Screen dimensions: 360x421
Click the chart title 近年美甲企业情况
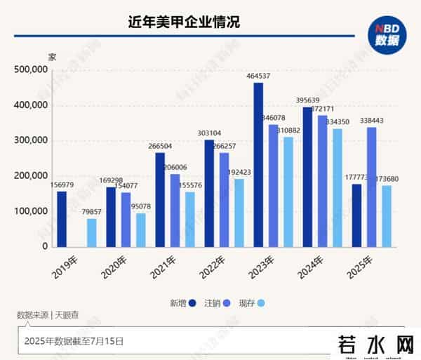click(185, 22)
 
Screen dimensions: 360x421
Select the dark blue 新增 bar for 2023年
click(258, 165)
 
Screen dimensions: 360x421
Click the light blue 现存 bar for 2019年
click(91, 232)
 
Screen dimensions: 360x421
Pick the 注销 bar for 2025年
click(371, 187)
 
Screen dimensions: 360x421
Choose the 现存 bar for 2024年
click(337, 188)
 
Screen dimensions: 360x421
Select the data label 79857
click(92, 211)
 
